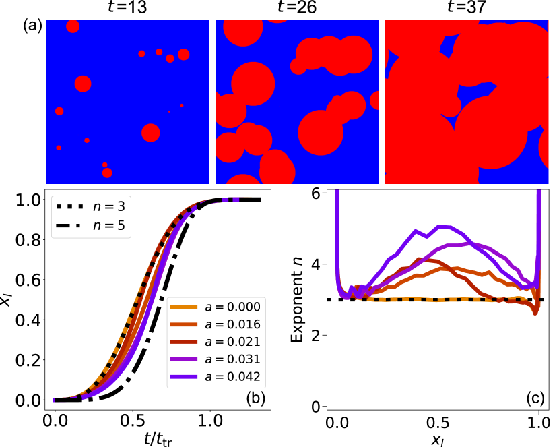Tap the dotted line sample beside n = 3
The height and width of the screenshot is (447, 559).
point(71,207)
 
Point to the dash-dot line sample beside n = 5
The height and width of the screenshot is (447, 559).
point(71,226)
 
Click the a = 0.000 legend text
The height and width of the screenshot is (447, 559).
point(232,307)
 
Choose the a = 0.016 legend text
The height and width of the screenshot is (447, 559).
point(232,324)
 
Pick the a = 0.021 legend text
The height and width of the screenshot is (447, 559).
point(232,342)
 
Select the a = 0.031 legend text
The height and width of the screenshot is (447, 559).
point(232,359)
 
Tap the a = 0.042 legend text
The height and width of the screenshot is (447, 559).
point(232,377)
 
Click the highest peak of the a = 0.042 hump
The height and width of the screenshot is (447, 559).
point(441,227)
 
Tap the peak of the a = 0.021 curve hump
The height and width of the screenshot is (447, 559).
point(422,260)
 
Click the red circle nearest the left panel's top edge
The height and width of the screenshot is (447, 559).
point(73,26)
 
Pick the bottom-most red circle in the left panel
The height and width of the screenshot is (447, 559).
point(107,173)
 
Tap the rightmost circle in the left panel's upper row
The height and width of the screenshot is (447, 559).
point(183,55)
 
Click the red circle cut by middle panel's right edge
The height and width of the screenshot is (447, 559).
point(375,100)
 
